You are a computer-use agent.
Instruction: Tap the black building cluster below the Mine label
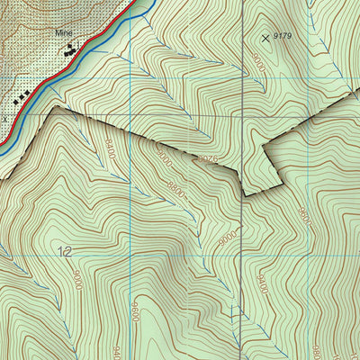coord(68,51)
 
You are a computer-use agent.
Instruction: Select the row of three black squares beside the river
coord(25,93)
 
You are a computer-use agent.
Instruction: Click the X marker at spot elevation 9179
coord(265,38)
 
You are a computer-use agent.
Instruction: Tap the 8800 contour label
coord(176,189)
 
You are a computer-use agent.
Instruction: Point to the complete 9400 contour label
coord(262,284)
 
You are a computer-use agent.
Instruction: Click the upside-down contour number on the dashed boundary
coord(209,160)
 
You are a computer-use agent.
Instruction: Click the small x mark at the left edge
coord(4,117)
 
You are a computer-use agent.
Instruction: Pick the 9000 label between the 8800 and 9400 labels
coord(229,238)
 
